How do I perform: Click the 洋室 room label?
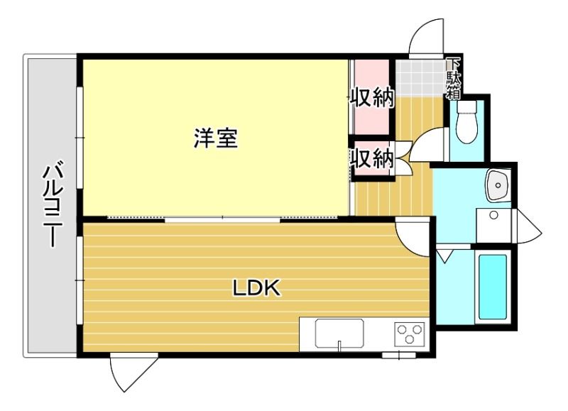click(x=216, y=138)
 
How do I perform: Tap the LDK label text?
click(x=256, y=288)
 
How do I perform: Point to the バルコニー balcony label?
click(x=54, y=206)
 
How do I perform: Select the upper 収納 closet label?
click(x=371, y=97)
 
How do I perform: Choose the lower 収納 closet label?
click(x=371, y=158)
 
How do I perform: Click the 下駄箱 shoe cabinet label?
click(x=453, y=79)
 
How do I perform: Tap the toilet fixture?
click(x=466, y=121)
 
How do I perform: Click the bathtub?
click(x=493, y=287)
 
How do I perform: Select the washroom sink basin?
click(x=498, y=185)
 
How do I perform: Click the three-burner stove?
click(x=410, y=332)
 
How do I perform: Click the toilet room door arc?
click(x=426, y=144)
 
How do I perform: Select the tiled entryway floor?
click(x=420, y=77)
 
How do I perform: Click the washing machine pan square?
click(x=493, y=225)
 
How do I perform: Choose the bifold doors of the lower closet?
click(x=403, y=158)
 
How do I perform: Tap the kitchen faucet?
click(x=339, y=346)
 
